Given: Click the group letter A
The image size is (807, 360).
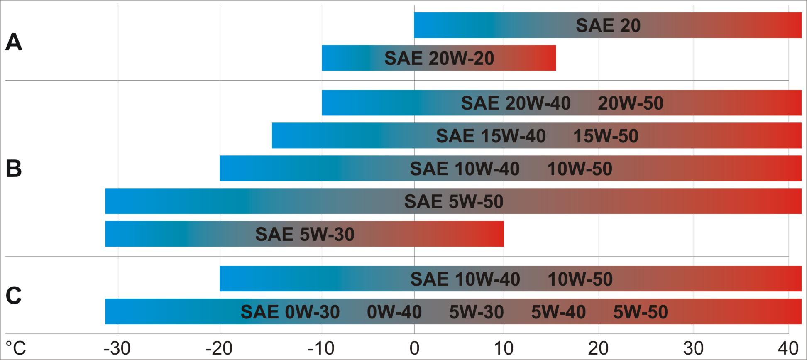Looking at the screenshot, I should point(14,42).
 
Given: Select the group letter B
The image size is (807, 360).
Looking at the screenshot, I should point(14,169).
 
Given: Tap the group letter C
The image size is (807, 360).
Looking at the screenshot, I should point(14,296).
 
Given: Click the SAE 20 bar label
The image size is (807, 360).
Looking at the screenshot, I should point(608,26).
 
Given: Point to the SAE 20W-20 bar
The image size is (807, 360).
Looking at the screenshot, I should point(439,58).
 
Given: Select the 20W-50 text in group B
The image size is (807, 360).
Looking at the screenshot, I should point(630,103).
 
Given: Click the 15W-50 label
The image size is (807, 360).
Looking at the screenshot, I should point(606,136).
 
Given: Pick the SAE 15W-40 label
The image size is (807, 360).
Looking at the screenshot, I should point(491,136).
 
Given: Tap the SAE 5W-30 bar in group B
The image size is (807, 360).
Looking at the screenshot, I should point(304,234).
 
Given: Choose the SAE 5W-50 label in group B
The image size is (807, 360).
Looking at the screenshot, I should point(454,201).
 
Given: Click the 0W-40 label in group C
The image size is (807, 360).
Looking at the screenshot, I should point(394,312).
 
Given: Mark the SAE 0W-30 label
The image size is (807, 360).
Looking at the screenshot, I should point(290,312).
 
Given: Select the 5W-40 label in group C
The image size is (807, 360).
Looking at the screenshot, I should point(558,312).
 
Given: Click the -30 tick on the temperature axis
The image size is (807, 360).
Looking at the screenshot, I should point(117,348).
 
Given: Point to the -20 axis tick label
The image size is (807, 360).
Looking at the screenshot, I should point(219,348).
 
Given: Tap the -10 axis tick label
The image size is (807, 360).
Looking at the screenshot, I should point(321,348).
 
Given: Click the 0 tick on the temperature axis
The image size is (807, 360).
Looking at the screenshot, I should point(414,348).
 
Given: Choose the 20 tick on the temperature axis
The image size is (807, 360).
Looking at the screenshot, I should point(598,348).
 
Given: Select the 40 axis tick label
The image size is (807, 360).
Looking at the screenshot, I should point(788,348).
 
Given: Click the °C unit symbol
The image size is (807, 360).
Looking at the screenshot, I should point(16,348).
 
